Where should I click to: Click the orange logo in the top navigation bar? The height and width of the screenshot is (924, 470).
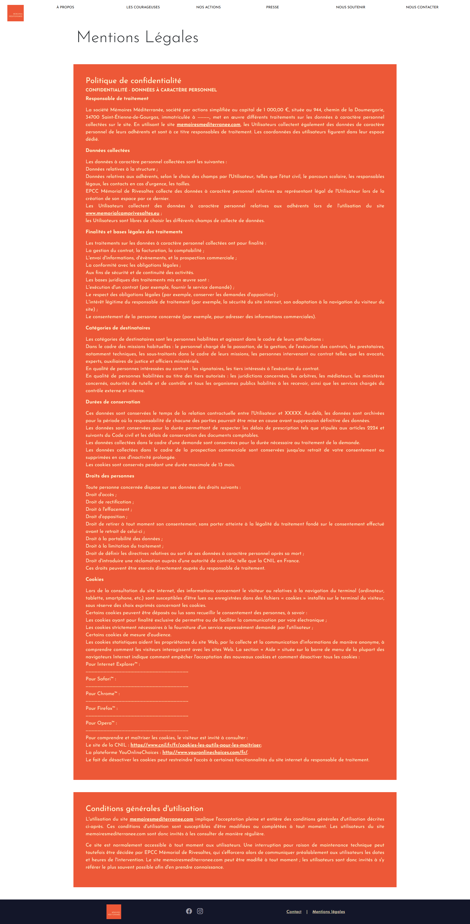[x=15, y=13]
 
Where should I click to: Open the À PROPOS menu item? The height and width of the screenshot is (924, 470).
[x=65, y=7]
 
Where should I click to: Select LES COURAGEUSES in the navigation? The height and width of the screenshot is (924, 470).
[x=143, y=7]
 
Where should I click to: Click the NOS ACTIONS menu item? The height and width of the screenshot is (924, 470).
[x=209, y=7]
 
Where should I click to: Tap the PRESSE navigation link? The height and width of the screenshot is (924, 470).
[x=272, y=7]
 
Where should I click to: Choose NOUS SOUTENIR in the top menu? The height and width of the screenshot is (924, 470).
[x=350, y=7]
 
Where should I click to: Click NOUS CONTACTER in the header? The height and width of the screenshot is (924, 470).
[x=422, y=7]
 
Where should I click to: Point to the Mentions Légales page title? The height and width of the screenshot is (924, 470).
[x=138, y=37]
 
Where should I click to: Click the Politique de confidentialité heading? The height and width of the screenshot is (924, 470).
[x=133, y=81]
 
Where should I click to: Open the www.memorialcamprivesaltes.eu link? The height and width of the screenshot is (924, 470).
[x=122, y=213]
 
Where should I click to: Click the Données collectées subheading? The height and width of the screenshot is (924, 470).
[x=107, y=150]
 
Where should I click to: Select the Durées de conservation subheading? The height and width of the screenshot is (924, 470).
[x=113, y=402]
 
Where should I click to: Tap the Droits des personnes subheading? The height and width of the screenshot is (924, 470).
[x=110, y=476]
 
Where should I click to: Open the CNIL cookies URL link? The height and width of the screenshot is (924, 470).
[x=196, y=745]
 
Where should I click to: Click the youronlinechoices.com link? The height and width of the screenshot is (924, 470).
[x=205, y=752]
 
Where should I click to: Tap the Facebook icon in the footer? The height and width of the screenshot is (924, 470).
[x=189, y=911]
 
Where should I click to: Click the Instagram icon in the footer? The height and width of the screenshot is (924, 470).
[x=200, y=911]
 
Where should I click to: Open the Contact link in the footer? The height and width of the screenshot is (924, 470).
[x=294, y=912]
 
